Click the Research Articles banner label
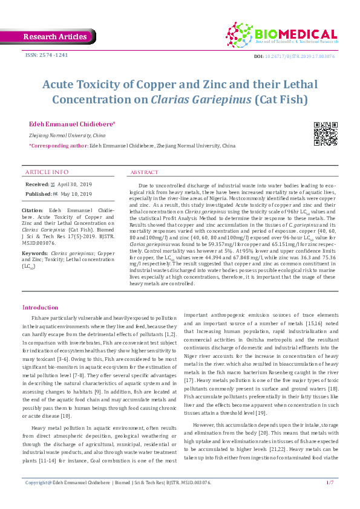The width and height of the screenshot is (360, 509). point(54,37)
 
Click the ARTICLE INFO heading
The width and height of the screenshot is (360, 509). point(47,172)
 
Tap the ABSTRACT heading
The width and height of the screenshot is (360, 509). point(145,172)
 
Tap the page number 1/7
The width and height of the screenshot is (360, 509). point(330,499)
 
